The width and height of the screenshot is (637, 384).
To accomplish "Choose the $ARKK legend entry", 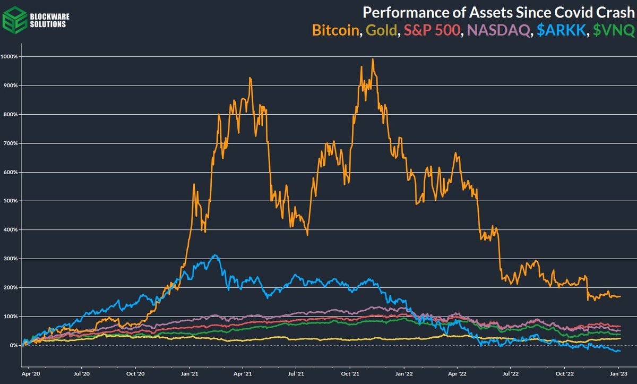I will coord(559,30).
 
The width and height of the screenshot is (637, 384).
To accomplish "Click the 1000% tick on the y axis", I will coord(10,56).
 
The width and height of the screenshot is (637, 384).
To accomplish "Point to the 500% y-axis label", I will coord(11,201).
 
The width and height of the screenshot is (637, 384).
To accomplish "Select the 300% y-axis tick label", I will coord(11,259).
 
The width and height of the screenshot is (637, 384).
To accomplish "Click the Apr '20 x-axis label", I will coord(30,374).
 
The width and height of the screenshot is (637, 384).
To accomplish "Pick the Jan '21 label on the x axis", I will coord(190,374).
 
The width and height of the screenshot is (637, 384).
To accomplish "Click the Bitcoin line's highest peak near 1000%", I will coord(373,59).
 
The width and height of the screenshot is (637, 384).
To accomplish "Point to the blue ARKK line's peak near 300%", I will coord(214,255).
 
